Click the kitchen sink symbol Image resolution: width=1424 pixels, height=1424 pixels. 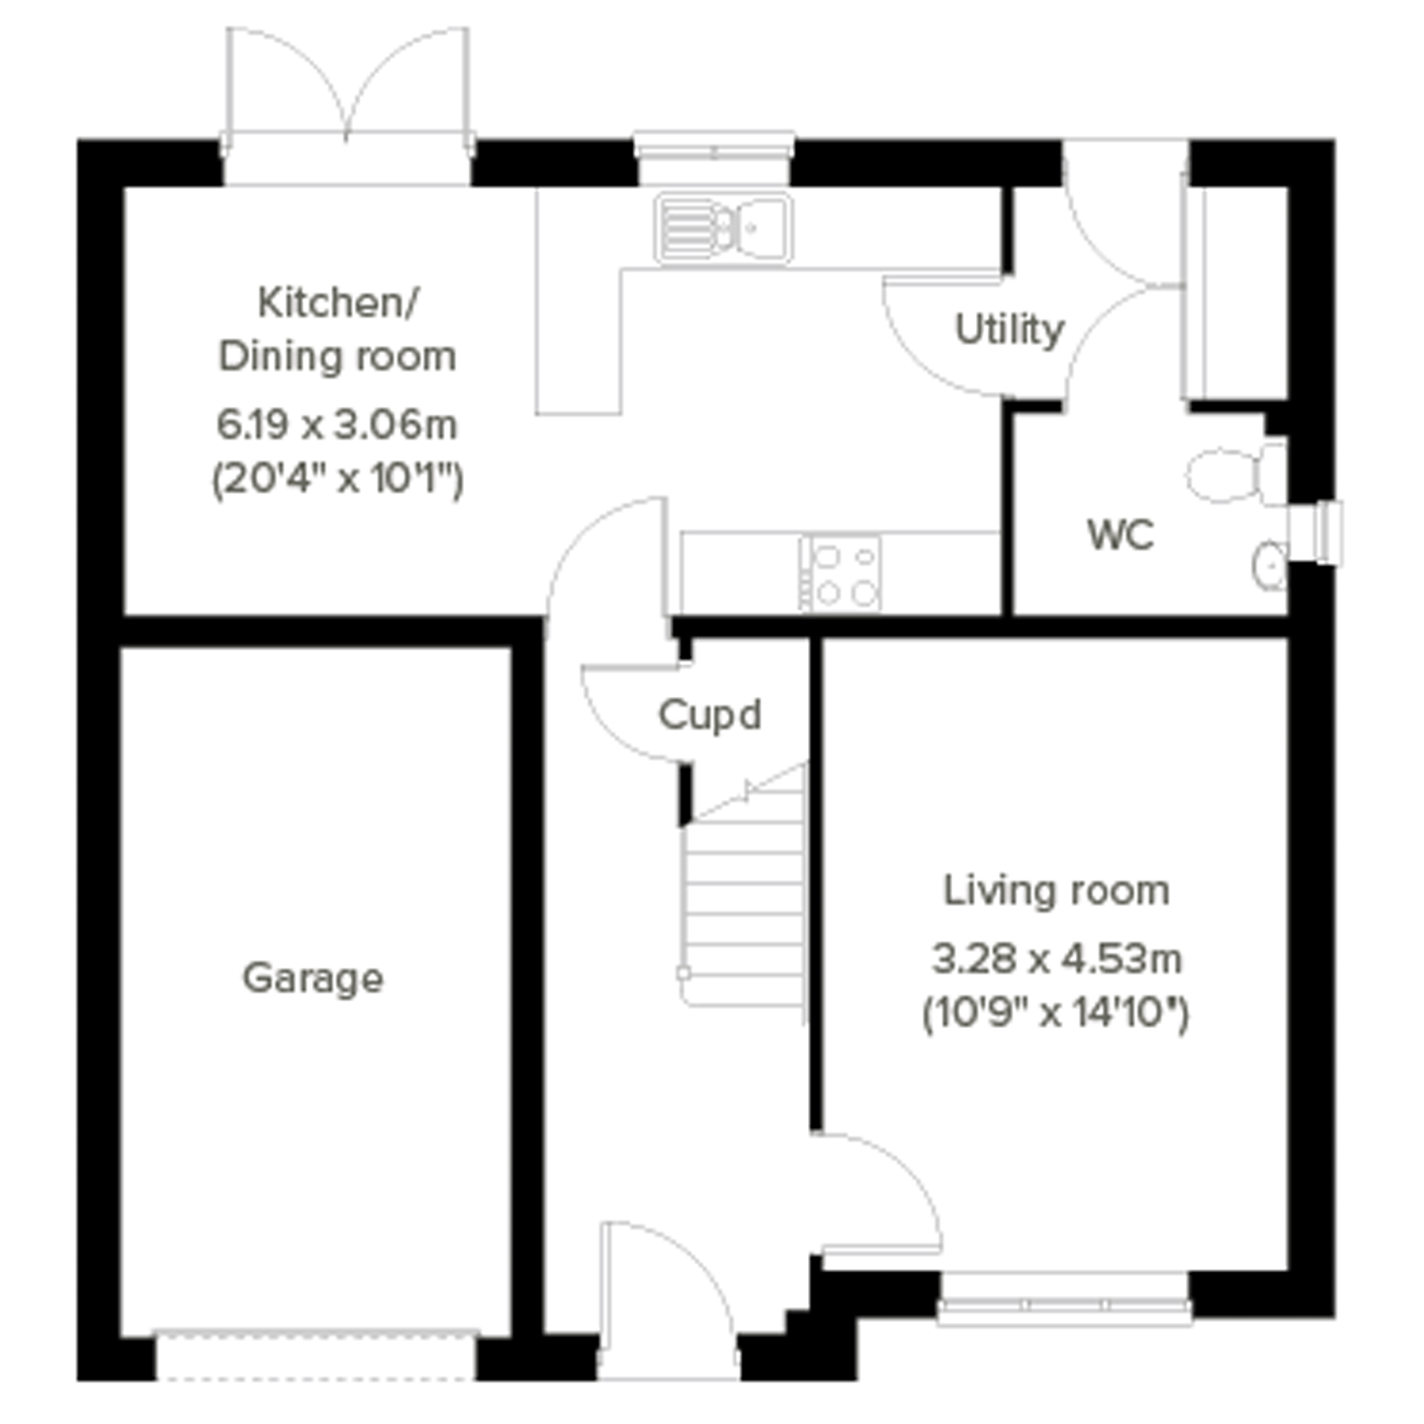click(x=724, y=229)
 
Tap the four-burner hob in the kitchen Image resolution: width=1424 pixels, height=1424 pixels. click(x=842, y=573)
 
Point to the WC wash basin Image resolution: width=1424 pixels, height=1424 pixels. click(x=1269, y=566)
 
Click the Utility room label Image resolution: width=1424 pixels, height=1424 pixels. click(x=1009, y=330)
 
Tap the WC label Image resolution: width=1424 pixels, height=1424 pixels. click(x=1120, y=534)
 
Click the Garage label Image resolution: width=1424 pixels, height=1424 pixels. click(x=312, y=980)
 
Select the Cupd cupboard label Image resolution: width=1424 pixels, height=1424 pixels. click(x=709, y=715)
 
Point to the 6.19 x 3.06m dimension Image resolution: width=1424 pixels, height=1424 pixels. click(x=337, y=425)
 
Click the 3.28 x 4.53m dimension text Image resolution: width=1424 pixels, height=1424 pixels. click(x=1057, y=960)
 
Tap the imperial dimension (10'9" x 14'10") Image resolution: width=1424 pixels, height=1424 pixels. click(x=1056, y=1014)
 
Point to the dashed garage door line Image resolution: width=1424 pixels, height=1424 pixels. click(x=316, y=1378)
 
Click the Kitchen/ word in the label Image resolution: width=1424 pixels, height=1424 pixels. click(x=338, y=303)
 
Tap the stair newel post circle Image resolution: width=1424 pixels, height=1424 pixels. click(x=684, y=974)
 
